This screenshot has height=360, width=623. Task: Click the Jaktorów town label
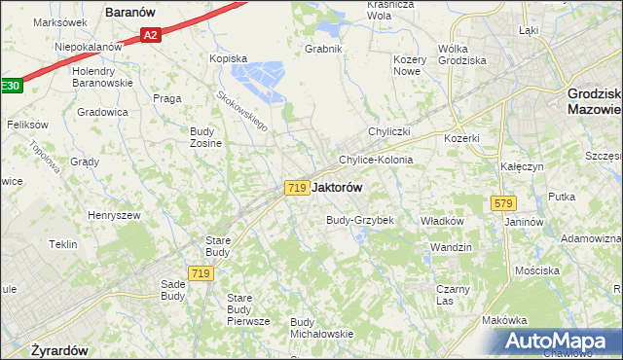tap(338, 188)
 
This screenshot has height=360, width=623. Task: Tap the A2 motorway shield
tap(149, 36)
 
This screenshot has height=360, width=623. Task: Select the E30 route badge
tap(9, 86)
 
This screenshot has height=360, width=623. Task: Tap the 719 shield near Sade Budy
tap(202, 274)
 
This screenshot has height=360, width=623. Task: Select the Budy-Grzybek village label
tap(359, 220)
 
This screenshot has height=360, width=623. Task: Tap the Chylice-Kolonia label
tap(376, 160)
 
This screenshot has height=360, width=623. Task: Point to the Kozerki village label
tap(461, 138)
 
